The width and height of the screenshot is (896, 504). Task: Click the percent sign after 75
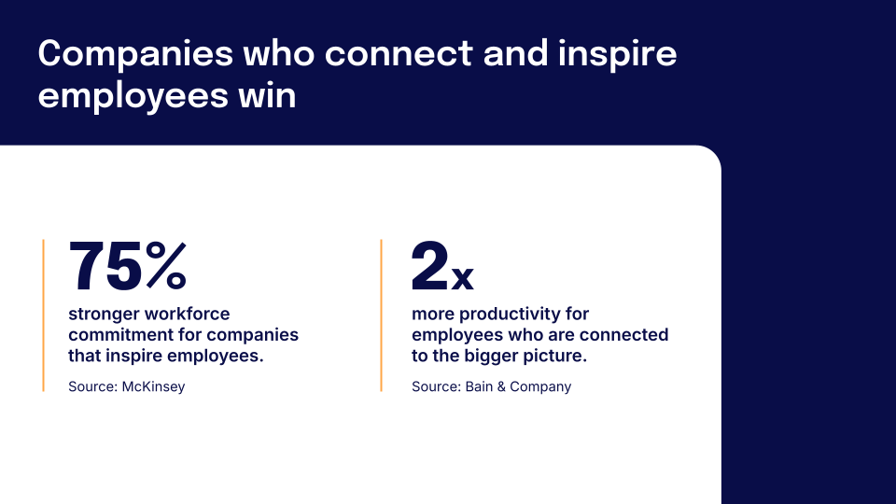coord(166,266)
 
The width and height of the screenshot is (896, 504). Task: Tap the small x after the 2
coord(463,276)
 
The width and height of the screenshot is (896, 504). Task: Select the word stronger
coord(103,314)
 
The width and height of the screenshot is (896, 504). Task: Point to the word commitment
coord(116,334)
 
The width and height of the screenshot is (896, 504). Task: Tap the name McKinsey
coord(154,386)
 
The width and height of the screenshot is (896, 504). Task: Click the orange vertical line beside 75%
coord(43,315)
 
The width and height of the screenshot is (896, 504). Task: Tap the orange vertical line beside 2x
coord(381,315)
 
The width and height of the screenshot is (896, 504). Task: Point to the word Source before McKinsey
coord(92,386)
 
